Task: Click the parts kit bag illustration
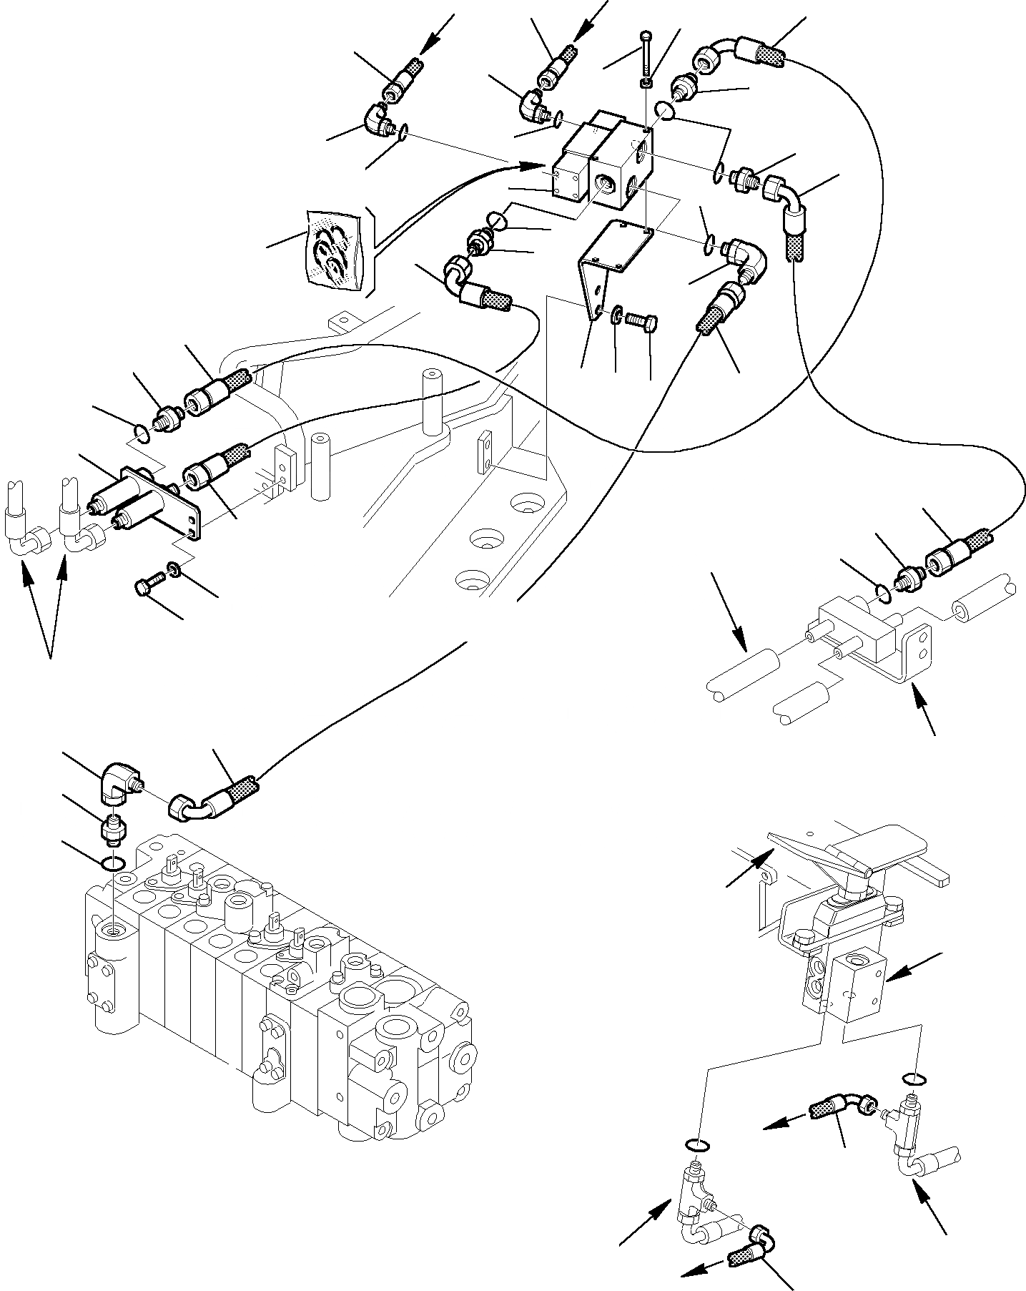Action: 333,250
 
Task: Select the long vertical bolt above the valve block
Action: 646,54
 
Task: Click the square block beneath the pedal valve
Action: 858,984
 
